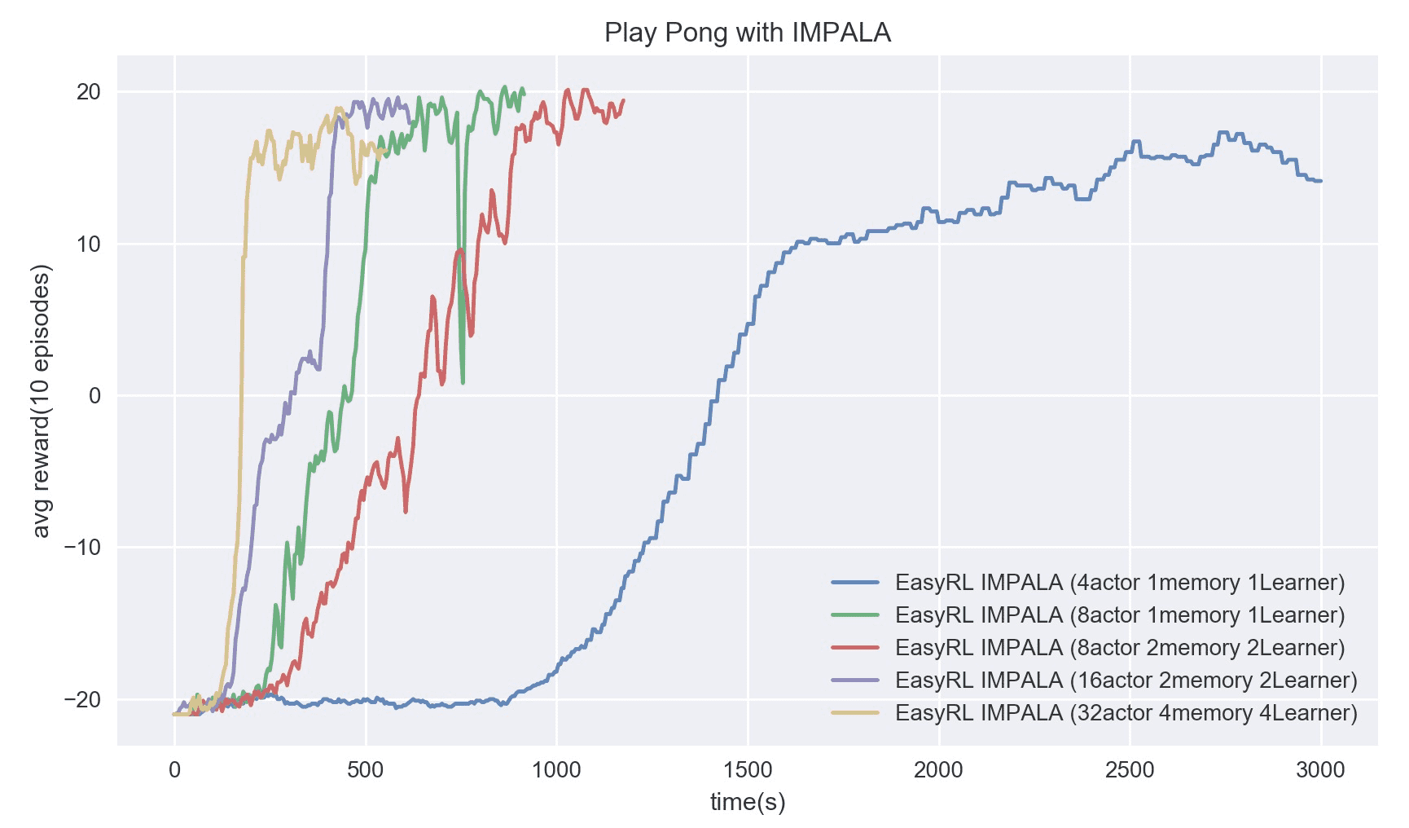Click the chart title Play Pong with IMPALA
click(x=747, y=33)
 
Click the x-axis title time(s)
click(x=747, y=802)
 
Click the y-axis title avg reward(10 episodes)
click(x=42, y=401)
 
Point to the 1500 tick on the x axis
click(x=747, y=770)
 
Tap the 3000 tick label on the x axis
click(x=1320, y=770)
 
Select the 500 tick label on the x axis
click(x=365, y=770)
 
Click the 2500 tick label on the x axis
click(x=1129, y=770)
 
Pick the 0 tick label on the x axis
click(x=174, y=770)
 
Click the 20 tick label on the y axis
click(x=88, y=92)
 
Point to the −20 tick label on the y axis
click(x=82, y=700)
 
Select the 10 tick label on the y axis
click(x=88, y=244)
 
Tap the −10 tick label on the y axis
click(x=82, y=548)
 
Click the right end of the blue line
click(x=1321, y=181)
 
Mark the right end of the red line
click(x=624, y=100)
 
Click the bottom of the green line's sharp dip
click(x=463, y=382)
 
